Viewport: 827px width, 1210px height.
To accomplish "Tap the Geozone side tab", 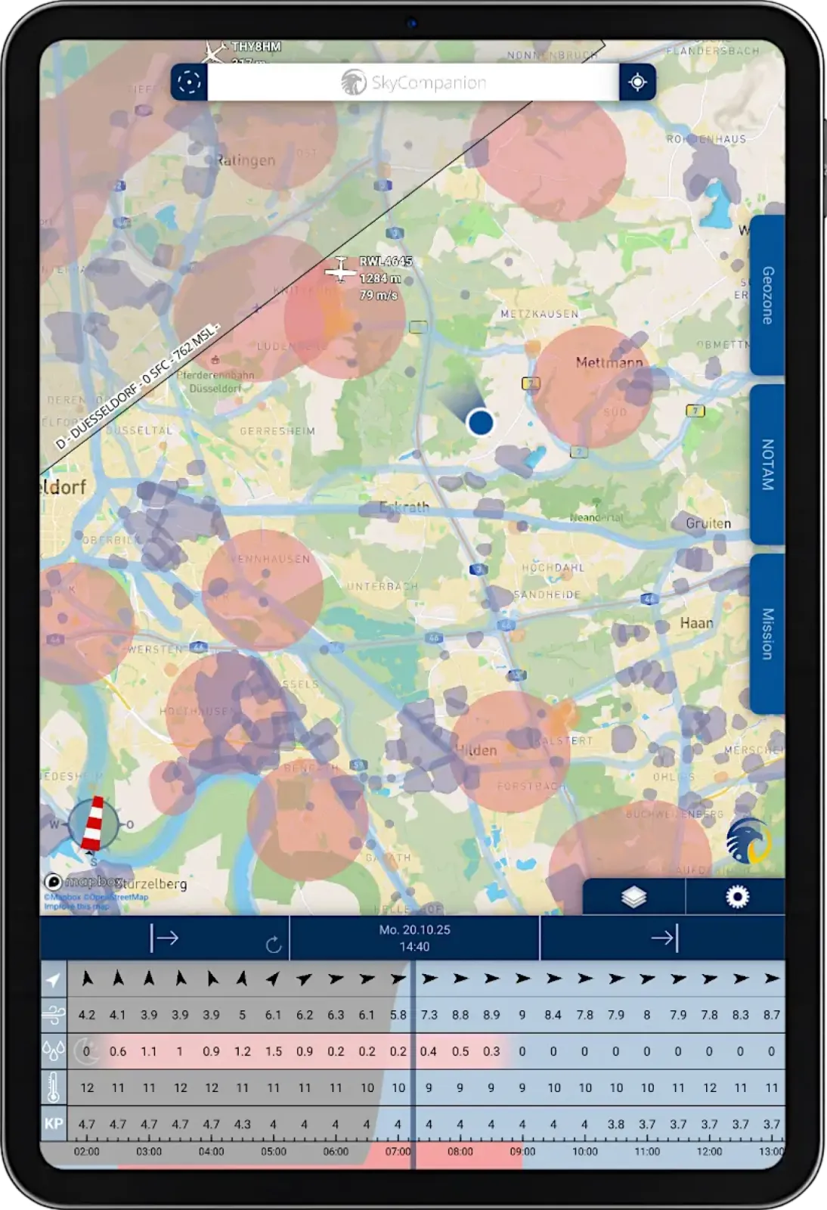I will (x=767, y=295).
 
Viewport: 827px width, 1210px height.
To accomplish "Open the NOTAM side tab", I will (x=767, y=464).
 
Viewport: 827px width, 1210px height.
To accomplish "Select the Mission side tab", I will (x=767, y=633).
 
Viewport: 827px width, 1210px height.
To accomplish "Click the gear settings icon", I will (x=736, y=897).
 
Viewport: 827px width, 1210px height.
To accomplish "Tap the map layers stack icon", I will (x=633, y=897).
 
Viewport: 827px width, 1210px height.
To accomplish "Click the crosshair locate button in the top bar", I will (x=637, y=82).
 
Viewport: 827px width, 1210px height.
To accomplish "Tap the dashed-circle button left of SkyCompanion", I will (x=189, y=82).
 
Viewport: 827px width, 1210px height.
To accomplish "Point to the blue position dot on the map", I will (x=480, y=422).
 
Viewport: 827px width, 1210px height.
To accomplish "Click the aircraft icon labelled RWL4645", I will (x=341, y=269).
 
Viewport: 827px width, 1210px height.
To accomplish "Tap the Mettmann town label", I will (x=609, y=363).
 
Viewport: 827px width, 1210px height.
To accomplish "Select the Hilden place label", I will (x=476, y=750).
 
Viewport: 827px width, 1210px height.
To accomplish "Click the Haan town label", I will (x=696, y=623).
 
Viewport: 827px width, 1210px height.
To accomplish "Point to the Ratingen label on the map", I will (x=246, y=160).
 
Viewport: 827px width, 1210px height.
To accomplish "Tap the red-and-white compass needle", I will (x=94, y=823).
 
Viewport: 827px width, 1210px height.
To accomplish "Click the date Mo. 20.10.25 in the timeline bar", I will (x=414, y=929).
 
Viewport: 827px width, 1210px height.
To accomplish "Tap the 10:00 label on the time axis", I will (x=584, y=1152).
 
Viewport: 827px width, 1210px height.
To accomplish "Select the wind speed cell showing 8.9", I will (x=491, y=1015).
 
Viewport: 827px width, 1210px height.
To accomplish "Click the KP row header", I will (x=54, y=1124).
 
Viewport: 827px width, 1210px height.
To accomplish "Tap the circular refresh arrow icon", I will (x=274, y=945).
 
